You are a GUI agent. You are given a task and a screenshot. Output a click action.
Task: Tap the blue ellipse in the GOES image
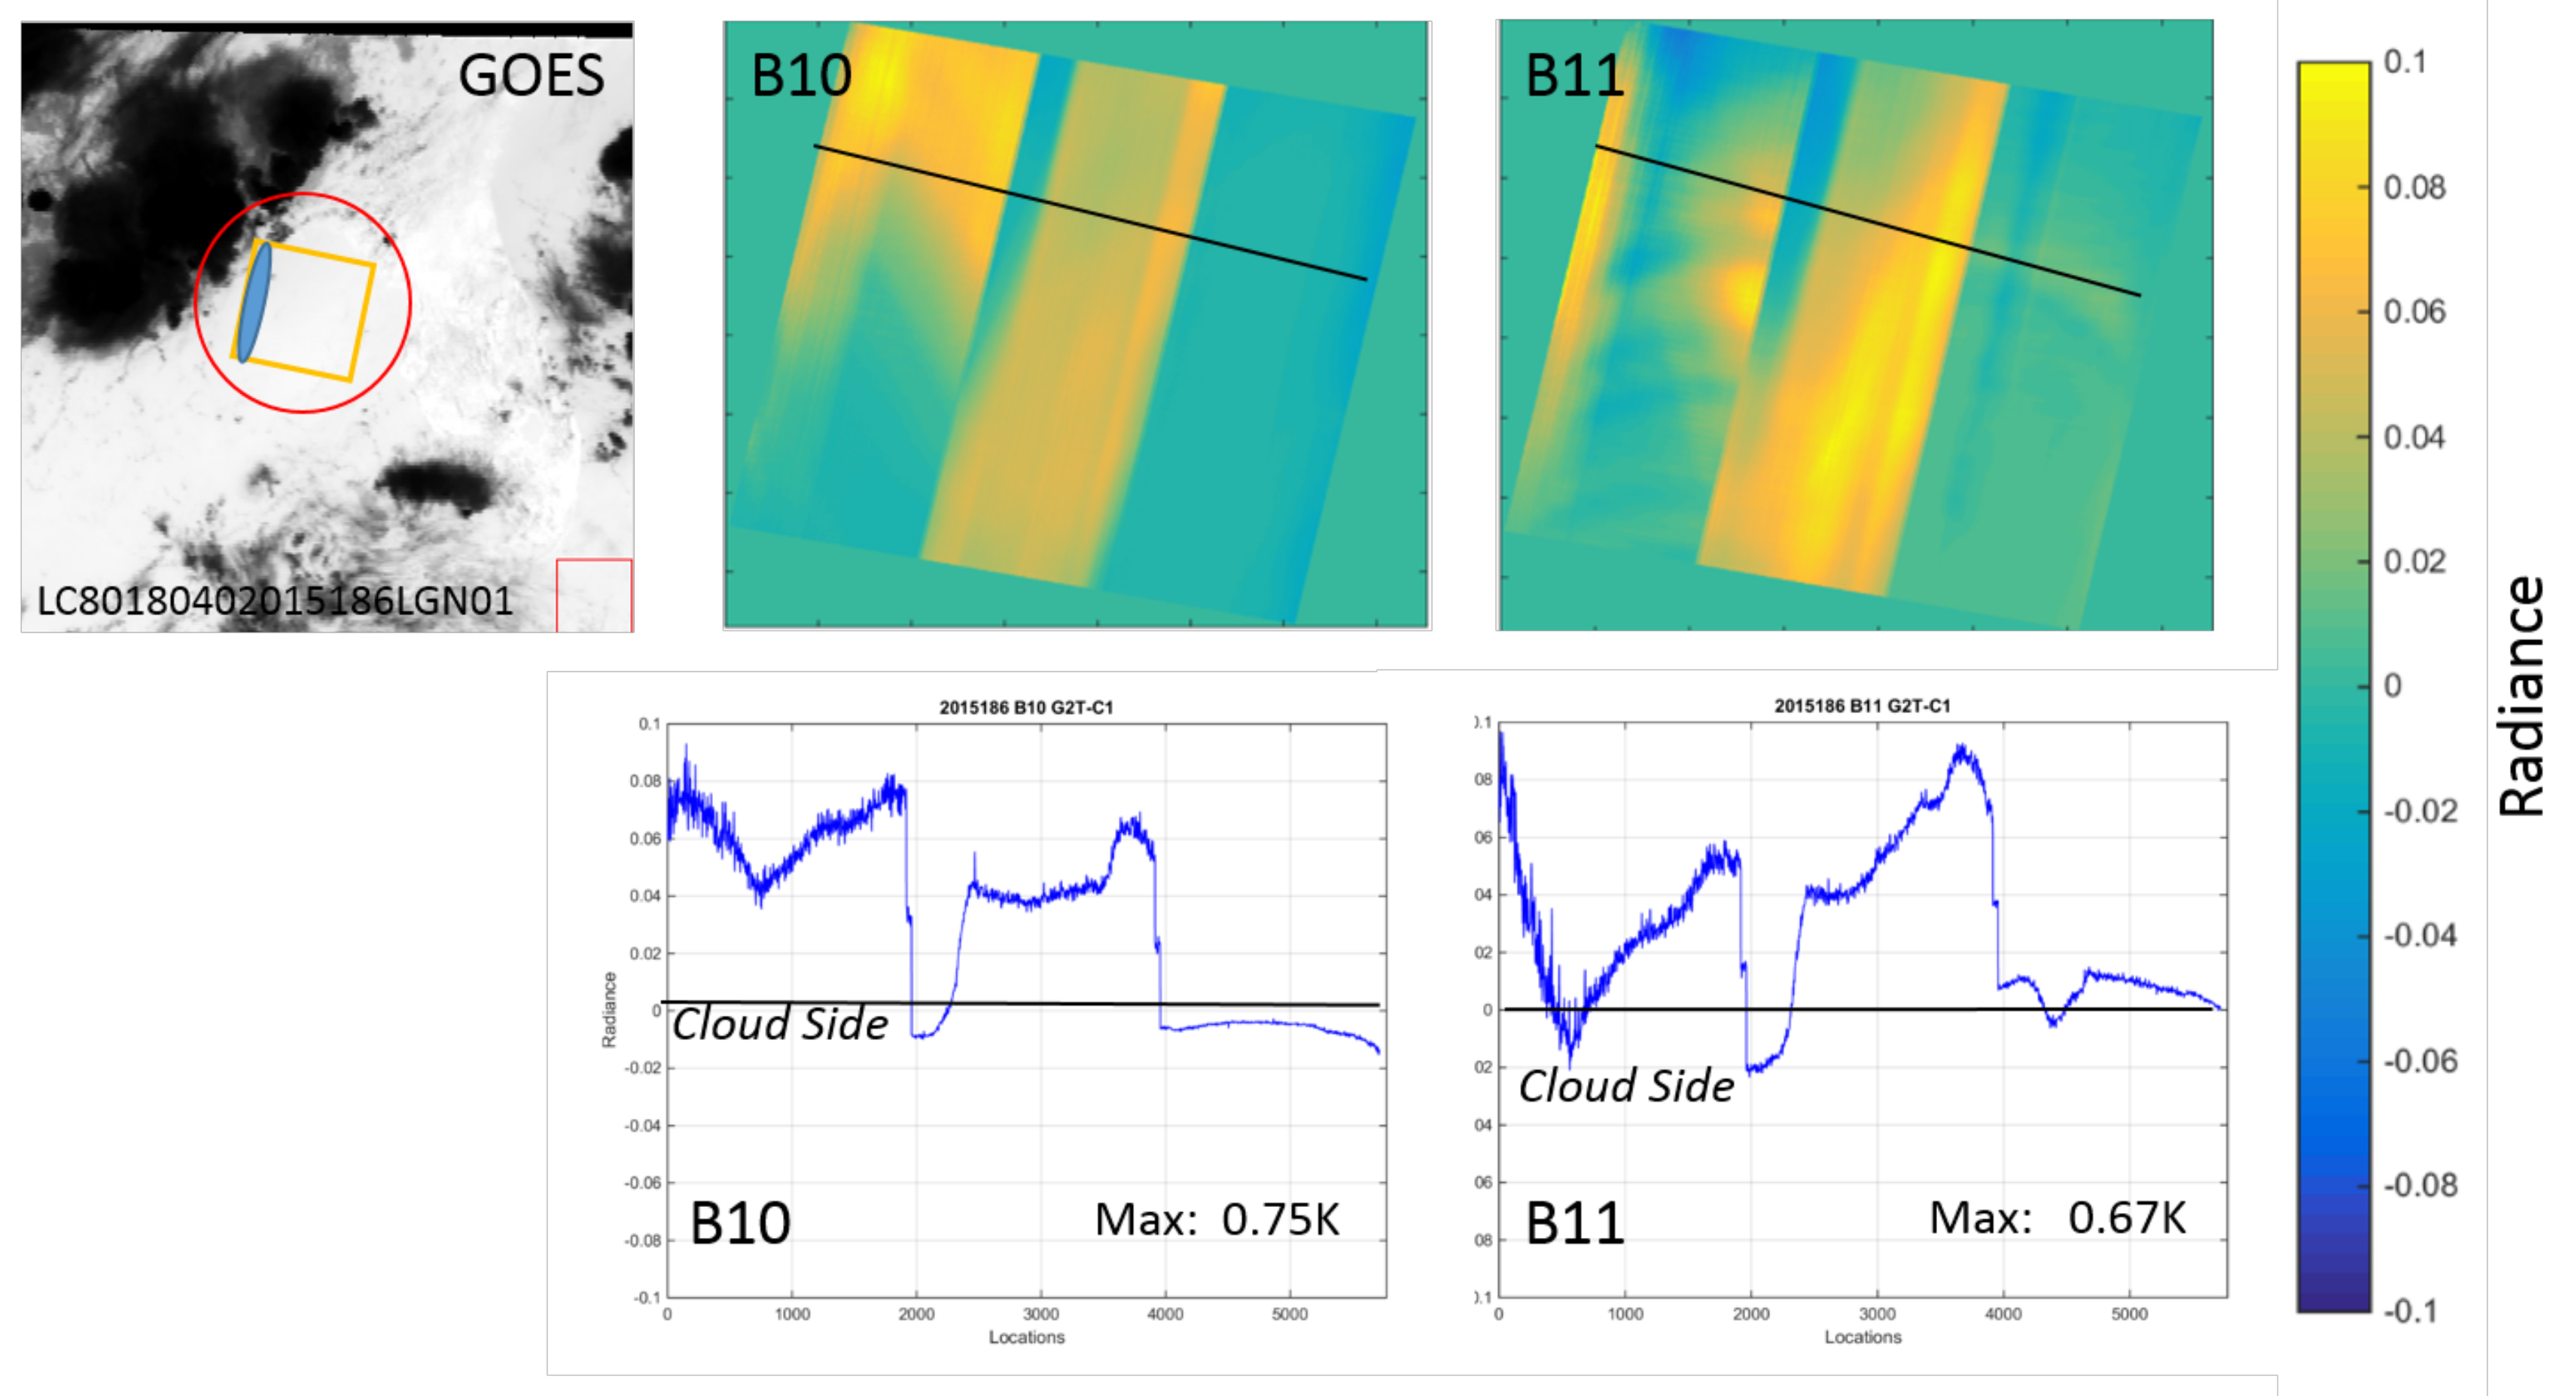pos(253,302)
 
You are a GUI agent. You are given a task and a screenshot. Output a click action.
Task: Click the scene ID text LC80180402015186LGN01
pos(275,602)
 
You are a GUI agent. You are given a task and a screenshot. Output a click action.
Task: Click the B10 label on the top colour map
pos(800,76)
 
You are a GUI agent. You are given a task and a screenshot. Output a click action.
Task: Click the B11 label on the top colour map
pos(1574,76)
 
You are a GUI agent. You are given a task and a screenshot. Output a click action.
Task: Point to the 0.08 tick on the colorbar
pos(2414,187)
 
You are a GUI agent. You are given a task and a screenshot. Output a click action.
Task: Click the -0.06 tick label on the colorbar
pos(2420,1061)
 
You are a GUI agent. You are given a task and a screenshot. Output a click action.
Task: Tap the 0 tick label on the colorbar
pos(2393,686)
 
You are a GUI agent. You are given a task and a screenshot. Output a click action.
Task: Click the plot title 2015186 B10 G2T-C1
pos(1026,707)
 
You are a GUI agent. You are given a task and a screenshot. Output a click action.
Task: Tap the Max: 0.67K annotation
pos(2057,1218)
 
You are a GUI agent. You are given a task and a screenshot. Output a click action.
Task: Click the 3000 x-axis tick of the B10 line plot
pos(1040,1314)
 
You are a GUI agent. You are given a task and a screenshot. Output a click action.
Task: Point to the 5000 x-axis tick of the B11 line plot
pos(2128,1314)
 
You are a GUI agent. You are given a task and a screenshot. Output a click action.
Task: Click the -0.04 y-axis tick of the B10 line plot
pos(642,1126)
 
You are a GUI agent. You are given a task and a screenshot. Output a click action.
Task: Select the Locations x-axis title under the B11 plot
pos(1863,1337)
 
